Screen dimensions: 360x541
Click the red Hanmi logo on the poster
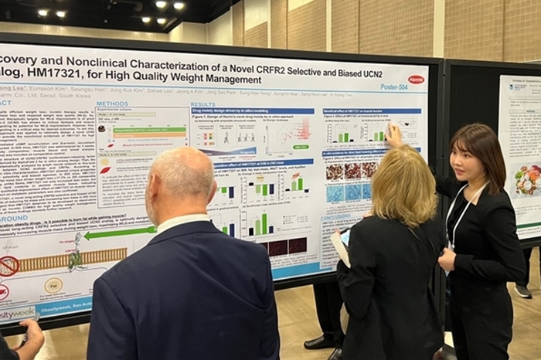[416, 79]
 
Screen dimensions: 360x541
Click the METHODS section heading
[112, 104]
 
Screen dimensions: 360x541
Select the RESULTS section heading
[203, 104]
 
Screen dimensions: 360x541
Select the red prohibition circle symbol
[8, 267]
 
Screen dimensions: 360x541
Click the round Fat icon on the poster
[53, 285]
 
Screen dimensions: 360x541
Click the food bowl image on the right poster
[527, 179]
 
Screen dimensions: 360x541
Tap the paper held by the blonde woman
[340, 247]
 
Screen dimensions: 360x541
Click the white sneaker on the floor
[523, 291]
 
